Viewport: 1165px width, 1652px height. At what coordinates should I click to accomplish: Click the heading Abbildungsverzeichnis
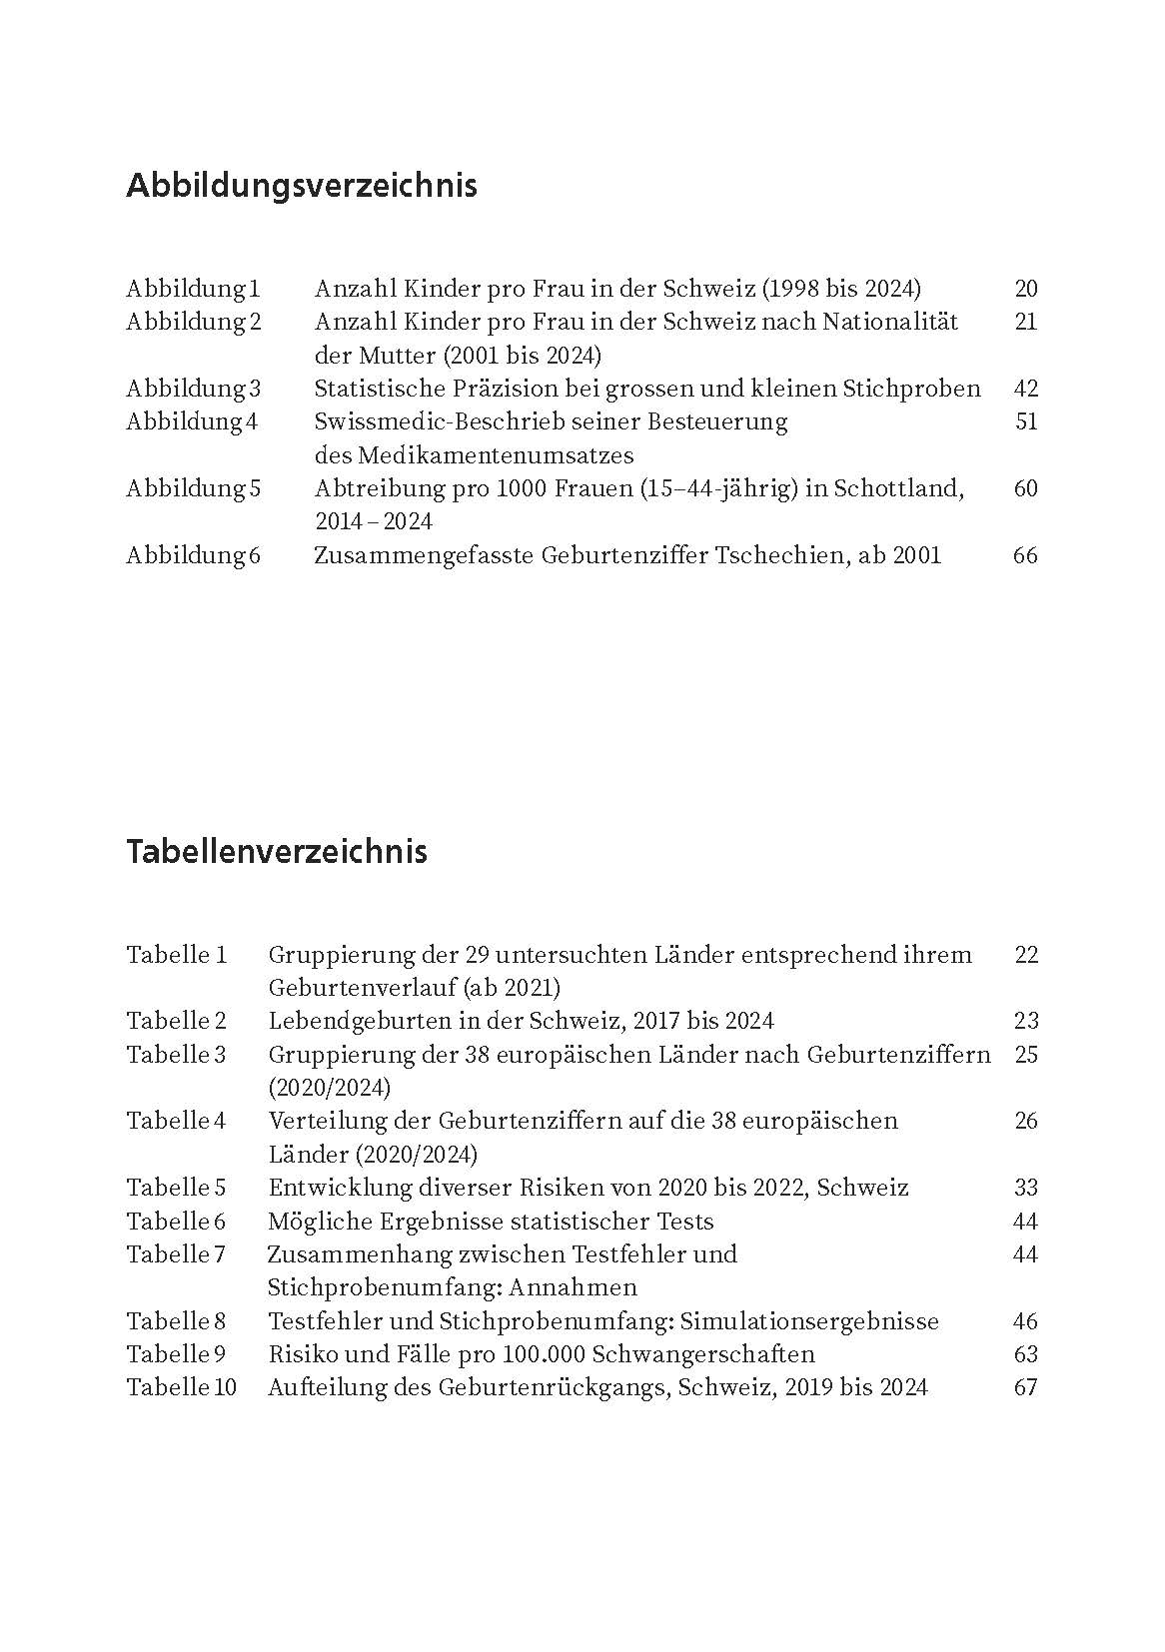pos(301,187)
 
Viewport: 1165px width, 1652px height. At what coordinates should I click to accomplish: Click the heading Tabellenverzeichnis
pos(277,852)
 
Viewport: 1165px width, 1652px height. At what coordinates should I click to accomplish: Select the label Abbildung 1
pos(193,290)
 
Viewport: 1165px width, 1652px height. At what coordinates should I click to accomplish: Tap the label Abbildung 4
pos(192,422)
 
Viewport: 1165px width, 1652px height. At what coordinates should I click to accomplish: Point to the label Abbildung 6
pos(193,555)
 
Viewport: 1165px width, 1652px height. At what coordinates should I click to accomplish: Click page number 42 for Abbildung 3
pos(1025,390)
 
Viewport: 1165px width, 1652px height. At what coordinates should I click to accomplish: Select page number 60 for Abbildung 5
pos(1025,489)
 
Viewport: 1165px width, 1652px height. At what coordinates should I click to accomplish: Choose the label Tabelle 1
pos(177,955)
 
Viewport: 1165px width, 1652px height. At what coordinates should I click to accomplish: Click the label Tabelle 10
pos(182,1387)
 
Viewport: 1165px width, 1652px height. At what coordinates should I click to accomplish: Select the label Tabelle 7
pos(177,1254)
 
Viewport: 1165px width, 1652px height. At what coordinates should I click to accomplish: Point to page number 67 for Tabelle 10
pos(1025,1387)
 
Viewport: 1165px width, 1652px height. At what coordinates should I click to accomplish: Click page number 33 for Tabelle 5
pos(1025,1188)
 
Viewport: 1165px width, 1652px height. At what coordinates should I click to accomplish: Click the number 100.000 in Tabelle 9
pos(549,1354)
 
